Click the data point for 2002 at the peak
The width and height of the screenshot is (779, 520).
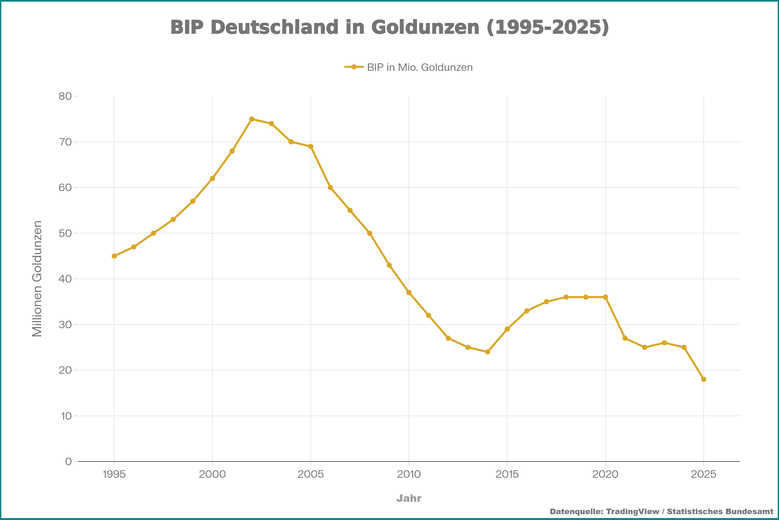coord(252,119)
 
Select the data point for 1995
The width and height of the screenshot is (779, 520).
coord(114,256)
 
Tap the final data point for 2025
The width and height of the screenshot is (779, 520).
coord(703,379)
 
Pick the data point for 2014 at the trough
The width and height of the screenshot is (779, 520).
coord(488,352)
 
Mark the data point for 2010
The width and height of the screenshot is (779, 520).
coord(409,292)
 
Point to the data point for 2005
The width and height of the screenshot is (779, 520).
coord(311,147)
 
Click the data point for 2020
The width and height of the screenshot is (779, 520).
coord(605,297)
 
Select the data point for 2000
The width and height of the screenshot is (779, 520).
coord(212,178)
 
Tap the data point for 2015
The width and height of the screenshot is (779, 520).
coord(507,329)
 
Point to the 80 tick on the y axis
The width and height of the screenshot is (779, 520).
coord(65,96)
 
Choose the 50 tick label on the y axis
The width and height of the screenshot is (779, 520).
coord(65,233)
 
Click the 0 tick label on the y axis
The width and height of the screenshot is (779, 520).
coord(68,461)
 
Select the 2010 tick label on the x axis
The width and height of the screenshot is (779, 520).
coord(409,474)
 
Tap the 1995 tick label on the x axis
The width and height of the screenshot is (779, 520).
coord(114,474)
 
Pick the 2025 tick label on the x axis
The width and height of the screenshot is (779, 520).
coord(703,474)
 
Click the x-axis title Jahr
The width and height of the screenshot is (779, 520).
coord(409,498)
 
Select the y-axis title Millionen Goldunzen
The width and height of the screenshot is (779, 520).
coord(37,279)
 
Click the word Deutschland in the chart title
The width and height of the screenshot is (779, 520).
coord(275,27)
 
